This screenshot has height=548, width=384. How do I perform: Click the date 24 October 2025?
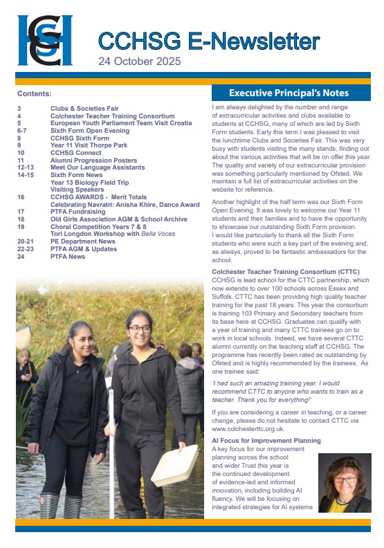click(x=139, y=62)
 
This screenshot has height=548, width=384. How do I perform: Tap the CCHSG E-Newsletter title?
click(x=208, y=41)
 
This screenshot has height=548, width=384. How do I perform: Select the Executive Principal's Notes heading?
click(x=289, y=93)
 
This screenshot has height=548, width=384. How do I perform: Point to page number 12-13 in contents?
click(x=26, y=167)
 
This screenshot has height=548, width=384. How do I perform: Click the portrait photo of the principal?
click(x=344, y=483)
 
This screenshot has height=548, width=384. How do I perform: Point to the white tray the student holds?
click(x=174, y=466)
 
